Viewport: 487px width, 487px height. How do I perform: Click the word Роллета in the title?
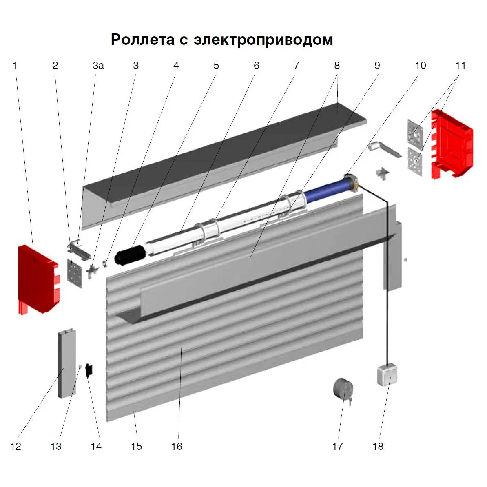[143, 40]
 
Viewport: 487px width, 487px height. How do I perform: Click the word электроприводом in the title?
[263, 40]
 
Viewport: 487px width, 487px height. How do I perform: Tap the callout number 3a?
[98, 66]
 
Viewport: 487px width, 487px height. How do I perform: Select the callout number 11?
[460, 66]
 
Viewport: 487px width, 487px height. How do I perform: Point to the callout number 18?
[378, 446]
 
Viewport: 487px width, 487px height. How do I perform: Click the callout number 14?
[96, 446]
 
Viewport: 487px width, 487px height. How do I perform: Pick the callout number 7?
[296, 66]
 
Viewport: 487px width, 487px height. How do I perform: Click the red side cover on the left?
[38, 279]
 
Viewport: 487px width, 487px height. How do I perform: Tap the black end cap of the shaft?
[130, 255]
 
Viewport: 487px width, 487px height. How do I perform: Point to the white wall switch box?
[387, 375]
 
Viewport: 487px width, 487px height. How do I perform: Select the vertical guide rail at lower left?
[66, 363]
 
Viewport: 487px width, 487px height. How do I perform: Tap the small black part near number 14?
[89, 370]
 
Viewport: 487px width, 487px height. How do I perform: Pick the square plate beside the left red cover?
[75, 274]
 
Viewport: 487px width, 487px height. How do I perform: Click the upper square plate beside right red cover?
[415, 132]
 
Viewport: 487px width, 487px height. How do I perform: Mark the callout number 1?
[15, 66]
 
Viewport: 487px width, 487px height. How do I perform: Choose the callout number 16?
[177, 446]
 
